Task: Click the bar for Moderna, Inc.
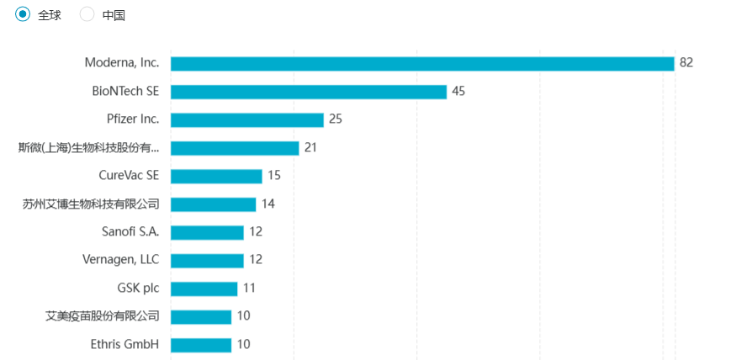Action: [422, 63]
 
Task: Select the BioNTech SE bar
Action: [308, 92]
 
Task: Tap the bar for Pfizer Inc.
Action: [246, 119]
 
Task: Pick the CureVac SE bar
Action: [216, 176]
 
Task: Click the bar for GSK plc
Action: [204, 289]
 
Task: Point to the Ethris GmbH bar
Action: [200, 345]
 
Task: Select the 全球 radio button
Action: [23, 14]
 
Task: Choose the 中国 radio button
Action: [87, 14]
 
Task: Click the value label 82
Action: [686, 63]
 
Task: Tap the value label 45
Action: [458, 92]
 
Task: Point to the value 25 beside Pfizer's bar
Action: [336, 119]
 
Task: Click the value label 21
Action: [310, 148]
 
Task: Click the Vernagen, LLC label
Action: [121, 260]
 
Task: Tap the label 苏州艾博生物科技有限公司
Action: [91, 204]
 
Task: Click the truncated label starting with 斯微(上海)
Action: [89, 148]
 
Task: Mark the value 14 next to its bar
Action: [268, 204]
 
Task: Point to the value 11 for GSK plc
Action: [249, 289]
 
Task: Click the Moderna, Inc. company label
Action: [122, 63]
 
